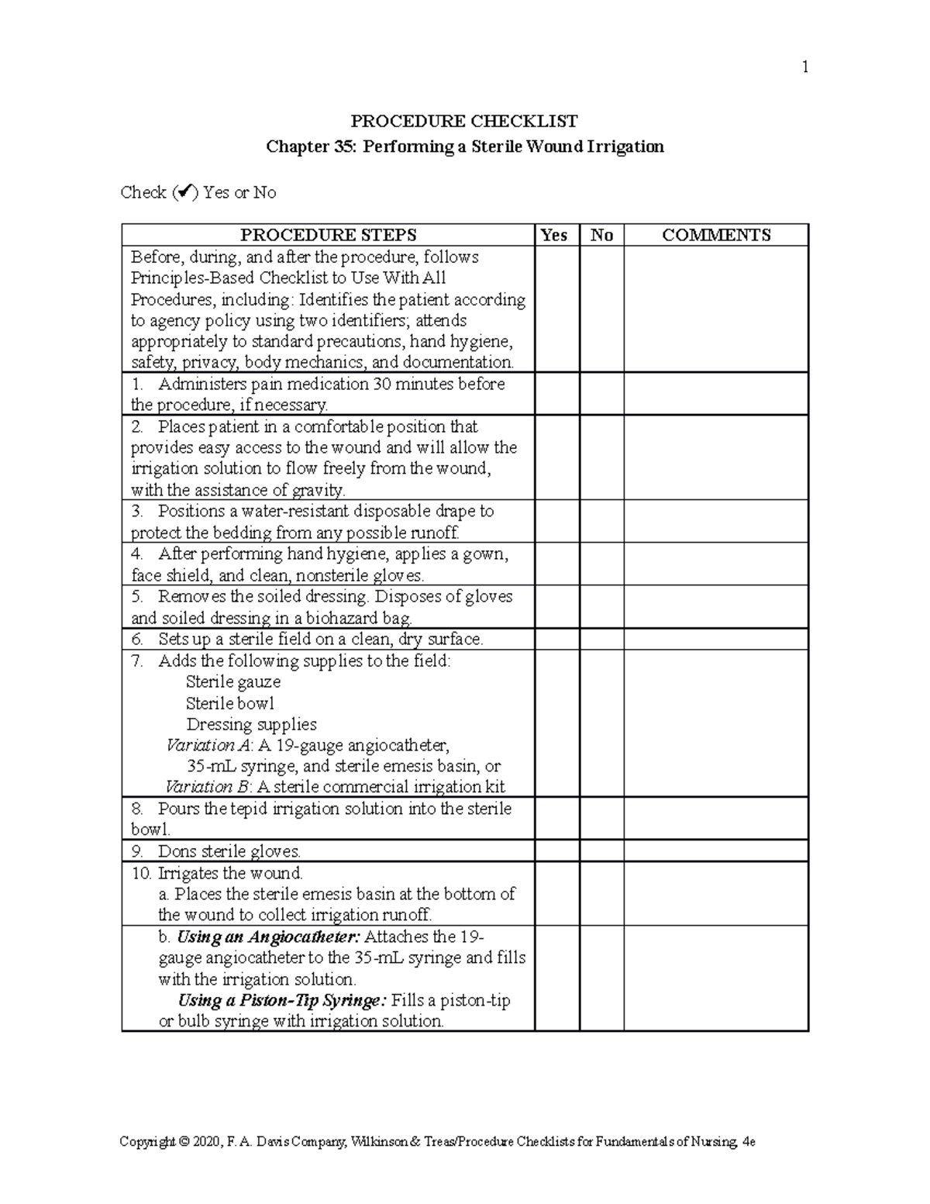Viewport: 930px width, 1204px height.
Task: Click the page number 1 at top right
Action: (805, 67)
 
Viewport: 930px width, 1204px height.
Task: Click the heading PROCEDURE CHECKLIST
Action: (464, 121)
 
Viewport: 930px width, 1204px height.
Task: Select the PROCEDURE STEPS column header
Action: (328, 235)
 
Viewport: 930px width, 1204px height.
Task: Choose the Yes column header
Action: (554, 235)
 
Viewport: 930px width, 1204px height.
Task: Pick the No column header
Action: (601, 235)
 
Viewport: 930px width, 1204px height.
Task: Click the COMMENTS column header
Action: (716, 235)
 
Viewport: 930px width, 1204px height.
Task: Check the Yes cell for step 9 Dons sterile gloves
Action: (557, 850)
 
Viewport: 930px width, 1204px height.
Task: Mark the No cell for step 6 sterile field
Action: (601, 639)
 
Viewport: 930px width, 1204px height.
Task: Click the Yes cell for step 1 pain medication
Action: (557, 394)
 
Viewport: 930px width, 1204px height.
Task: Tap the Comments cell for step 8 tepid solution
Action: (716, 819)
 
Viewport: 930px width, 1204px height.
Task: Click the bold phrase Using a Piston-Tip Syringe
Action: (281, 1000)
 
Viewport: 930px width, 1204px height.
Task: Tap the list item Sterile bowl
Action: (230, 703)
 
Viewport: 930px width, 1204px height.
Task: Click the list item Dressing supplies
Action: (251, 724)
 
